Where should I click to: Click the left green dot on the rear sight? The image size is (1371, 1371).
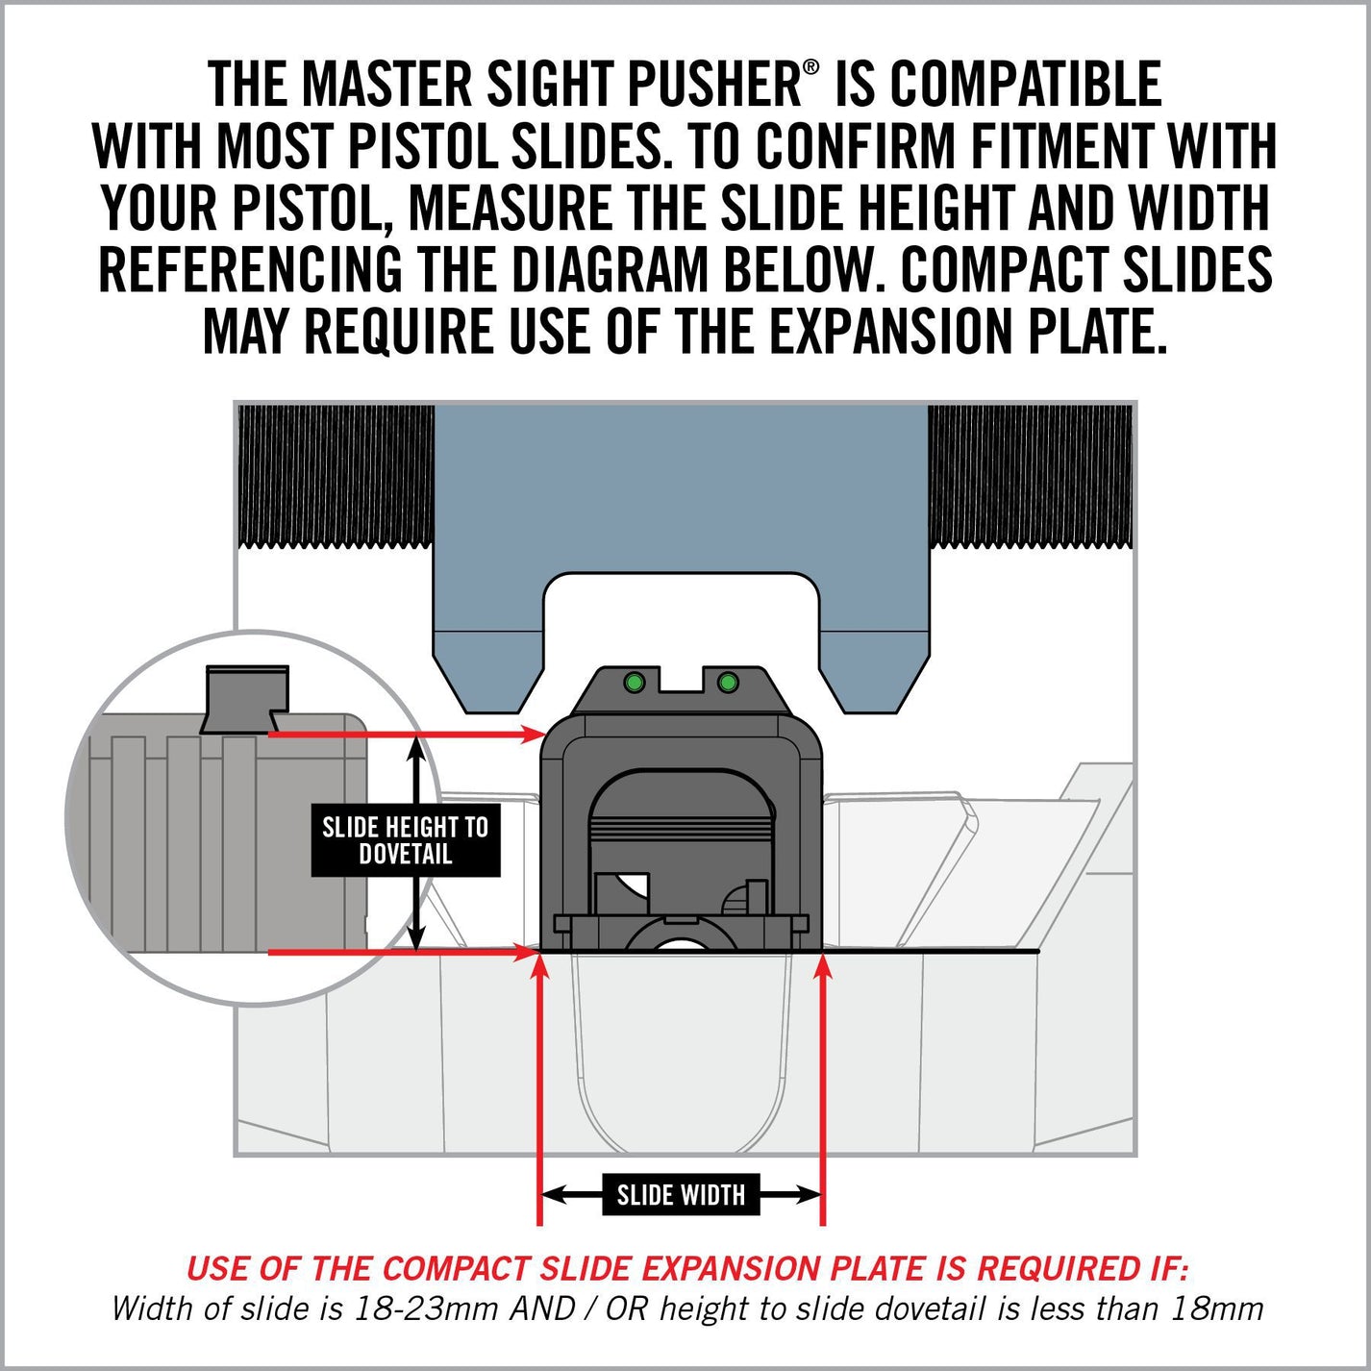(x=633, y=683)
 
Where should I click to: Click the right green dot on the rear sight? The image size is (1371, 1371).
(x=728, y=683)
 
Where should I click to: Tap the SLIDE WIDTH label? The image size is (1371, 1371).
(x=681, y=1195)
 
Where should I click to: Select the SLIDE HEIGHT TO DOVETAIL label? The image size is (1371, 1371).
(x=406, y=840)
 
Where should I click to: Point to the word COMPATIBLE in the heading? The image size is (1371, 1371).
(x=1025, y=85)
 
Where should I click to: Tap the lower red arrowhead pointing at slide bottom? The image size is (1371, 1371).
(x=527, y=953)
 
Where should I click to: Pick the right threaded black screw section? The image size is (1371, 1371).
(x=1032, y=476)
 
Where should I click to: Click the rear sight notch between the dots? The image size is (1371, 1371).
(x=681, y=681)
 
